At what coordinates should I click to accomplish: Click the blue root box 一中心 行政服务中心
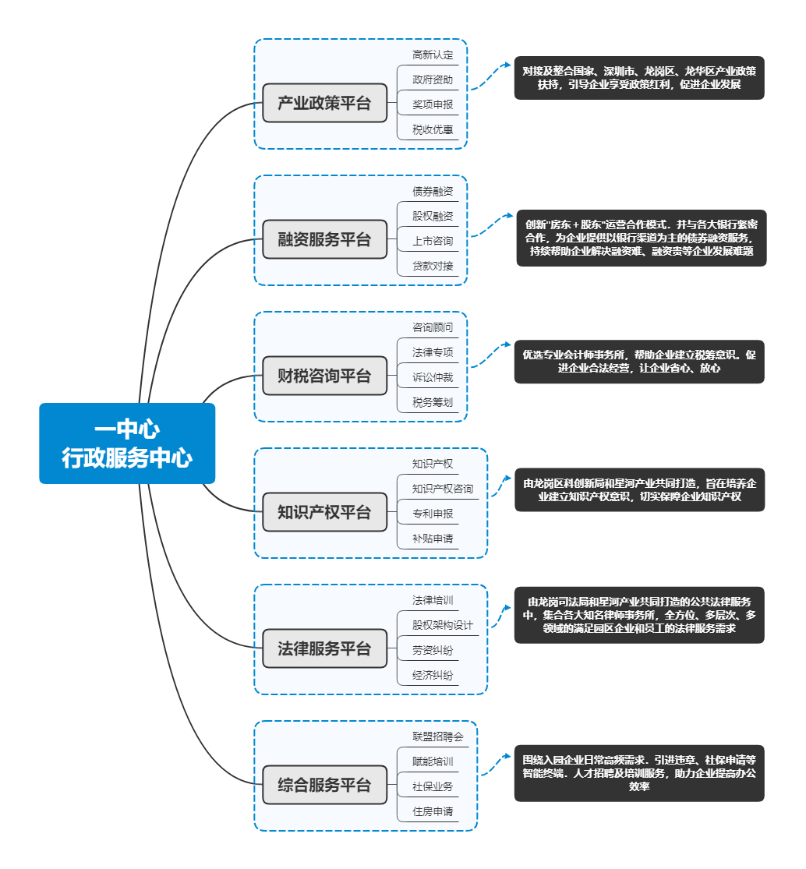pos(127,443)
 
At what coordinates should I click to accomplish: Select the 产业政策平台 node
pos(324,103)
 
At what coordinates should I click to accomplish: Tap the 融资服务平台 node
pos(324,239)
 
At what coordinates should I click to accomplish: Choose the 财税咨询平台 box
pos(324,376)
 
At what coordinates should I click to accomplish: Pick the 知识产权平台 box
pos(324,512)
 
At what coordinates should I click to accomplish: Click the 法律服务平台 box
pos(324,648)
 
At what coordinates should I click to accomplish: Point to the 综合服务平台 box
pos(324,785)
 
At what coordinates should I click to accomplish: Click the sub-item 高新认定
pos(433,55)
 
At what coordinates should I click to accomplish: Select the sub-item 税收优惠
pos(433,129)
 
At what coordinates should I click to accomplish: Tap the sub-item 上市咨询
pos(433,241)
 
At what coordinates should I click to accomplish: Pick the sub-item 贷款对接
pos(433,266)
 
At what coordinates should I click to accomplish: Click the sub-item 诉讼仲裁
pos(433,377)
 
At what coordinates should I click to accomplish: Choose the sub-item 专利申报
pos(433,514)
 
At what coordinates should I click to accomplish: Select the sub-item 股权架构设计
pos(442,625)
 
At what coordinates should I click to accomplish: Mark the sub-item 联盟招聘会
pos(437,736)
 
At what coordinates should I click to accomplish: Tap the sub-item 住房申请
pos(433,811)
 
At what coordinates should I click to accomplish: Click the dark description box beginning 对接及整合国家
pos(638,77)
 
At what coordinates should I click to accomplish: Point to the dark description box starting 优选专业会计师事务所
pos(638,362)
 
